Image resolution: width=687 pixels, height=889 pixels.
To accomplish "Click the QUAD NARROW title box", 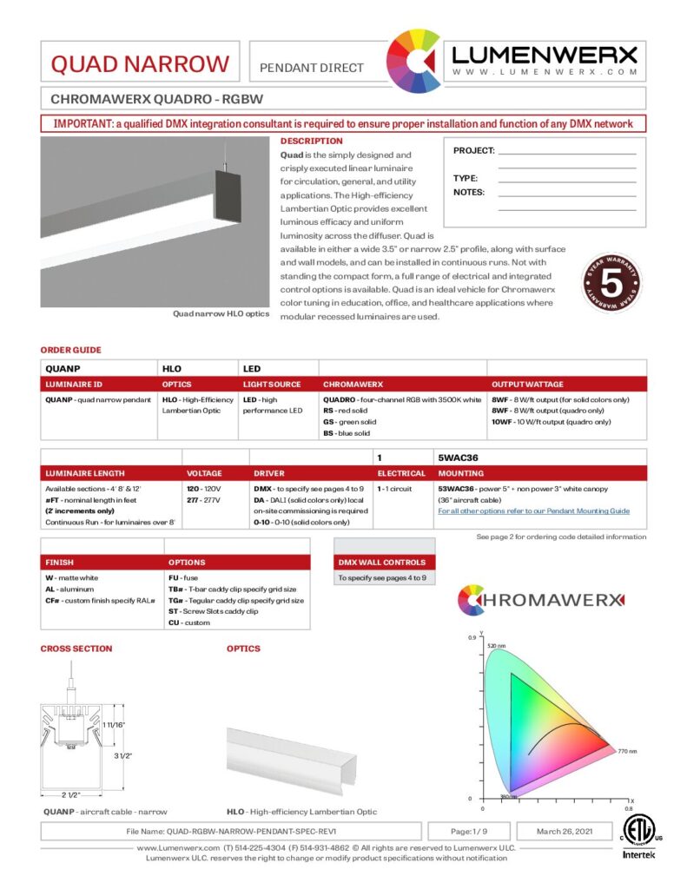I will point(141,63).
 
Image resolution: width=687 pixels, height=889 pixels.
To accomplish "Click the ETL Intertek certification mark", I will point(639,835).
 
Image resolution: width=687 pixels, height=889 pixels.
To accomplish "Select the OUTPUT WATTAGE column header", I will point(527,385).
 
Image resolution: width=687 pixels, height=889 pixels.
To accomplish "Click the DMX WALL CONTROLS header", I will point(382,562).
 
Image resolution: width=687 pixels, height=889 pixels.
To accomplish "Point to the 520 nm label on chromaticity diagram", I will point(495,646).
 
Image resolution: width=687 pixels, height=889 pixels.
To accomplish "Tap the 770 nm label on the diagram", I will point(627,750).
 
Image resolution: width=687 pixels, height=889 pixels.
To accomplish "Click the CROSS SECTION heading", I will point(76,649).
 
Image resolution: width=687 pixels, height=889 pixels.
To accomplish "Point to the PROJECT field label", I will point(473,151).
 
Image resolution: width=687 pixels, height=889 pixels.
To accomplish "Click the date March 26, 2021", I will point(561,831).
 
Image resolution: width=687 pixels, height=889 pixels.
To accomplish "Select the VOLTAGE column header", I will point(205,473).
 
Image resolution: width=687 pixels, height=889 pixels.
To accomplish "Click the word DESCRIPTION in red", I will point(311,141).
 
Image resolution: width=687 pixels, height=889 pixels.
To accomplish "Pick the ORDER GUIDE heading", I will point(71,350).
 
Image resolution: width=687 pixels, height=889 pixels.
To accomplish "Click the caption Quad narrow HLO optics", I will point(221,313).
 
